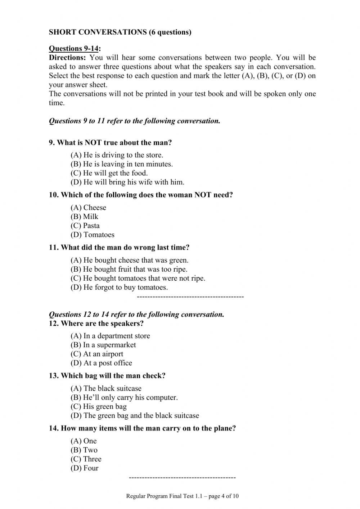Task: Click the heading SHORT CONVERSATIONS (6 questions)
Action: pyautogui.click(x=120, y=32)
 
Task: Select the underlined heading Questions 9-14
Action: pyautogui.click(x=75, y=49)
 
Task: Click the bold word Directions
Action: pyautogui.click(x=67, y=58)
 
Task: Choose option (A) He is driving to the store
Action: pyautogui.click(x=117, y=155)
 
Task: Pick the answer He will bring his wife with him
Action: pyautogui.click(x=127, y=182)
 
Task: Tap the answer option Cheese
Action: pyautogui.click(x=88, y=207)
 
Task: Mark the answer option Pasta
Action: pyautogui.click(x=85, y=226)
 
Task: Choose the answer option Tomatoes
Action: pyautogui.click(x=93, y=235)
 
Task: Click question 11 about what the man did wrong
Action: pyautogui.click(x=119, y=247)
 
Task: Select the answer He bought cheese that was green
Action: pyautogui.click(x=130, y=260)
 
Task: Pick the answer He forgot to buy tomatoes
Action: pyautogui.click(x=119, y=287)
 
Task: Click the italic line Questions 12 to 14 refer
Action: pyautogui.click(x=136, y=314)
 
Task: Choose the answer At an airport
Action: pyautogui.click(x=97, y=354)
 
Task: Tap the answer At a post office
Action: pyautogui.click(x=101, y=363)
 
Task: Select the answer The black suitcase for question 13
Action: pyautogui.click(x=106, y=388)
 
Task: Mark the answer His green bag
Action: pyautogui.click(x=99, y=406)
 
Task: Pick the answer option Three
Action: pyautogui.click(x=86, y=459)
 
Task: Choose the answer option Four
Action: pyautogui.click(x=85, y=468)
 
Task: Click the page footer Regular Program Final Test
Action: pyautogui.click(x=182, y=496)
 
